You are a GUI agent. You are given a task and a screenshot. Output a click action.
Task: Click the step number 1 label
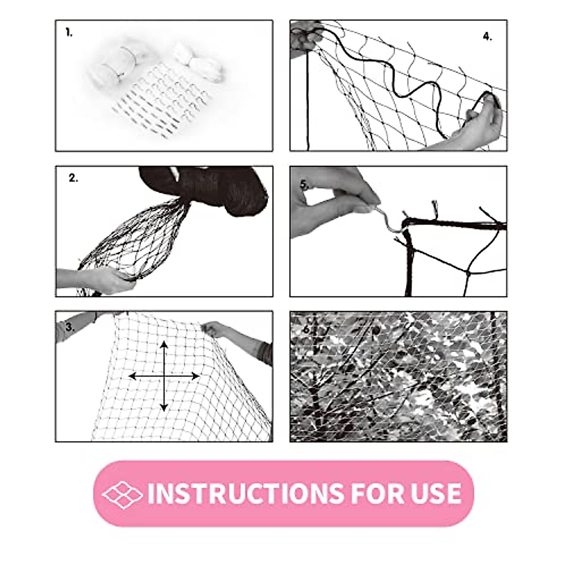click(x=69, y=33)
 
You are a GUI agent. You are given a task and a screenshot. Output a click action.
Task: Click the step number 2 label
click(x=73, y=178)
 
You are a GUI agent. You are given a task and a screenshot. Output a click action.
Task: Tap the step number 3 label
click(x=70, y=327)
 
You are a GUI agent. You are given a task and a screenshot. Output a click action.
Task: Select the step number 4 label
click(x=487, y=37)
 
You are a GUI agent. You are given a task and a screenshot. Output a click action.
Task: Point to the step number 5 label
click(x=305, y=185)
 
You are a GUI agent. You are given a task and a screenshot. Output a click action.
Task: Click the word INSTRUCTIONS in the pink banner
click(x=245, y=494)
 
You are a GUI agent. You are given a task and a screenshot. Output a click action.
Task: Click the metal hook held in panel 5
click(x=387, y=217)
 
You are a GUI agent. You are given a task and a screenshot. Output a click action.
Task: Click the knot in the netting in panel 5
click(x=469, y=273)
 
